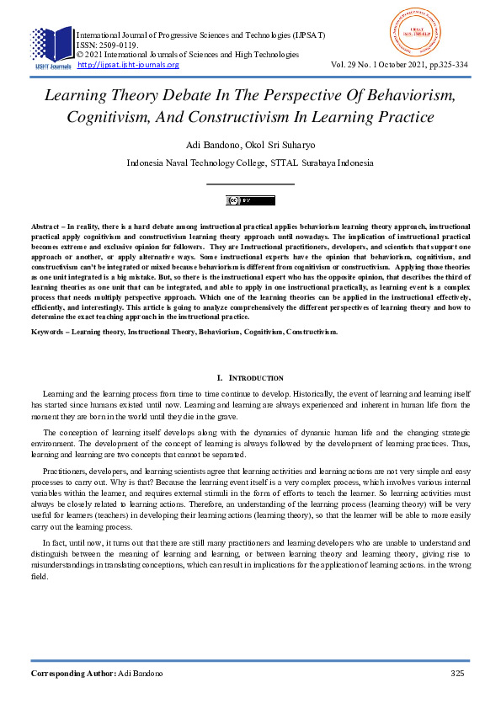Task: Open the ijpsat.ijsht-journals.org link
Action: pos(128,65)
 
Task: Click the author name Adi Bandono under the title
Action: pos(214,144)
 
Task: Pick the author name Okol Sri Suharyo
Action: pos(279,144)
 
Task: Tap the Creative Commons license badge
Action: pos(250,200)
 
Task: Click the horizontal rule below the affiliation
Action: pos(250,183)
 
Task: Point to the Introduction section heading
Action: pos(250,378)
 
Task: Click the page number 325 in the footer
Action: pos(458,674)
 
